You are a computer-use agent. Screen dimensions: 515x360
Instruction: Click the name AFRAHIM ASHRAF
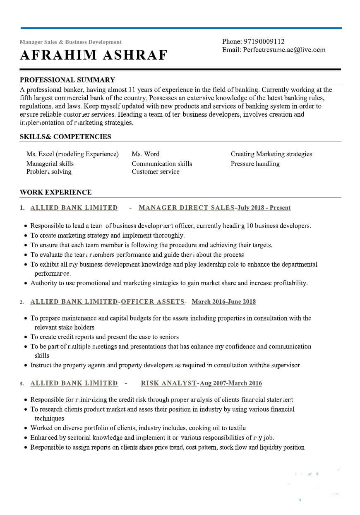[94, 55]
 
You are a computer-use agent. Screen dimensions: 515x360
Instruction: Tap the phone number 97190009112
[264, 41]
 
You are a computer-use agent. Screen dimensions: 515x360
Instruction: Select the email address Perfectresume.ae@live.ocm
[284, 50]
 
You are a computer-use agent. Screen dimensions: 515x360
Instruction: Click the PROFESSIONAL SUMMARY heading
[67, 80]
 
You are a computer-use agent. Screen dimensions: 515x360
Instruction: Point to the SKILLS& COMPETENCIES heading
[65, 137]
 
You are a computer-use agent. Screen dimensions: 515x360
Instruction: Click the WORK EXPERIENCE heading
[56, 192]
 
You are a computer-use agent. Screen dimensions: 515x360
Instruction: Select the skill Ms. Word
[146, 154]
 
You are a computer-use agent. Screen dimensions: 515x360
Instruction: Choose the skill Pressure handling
[255, 164]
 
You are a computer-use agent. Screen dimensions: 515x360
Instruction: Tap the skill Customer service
[156, 172]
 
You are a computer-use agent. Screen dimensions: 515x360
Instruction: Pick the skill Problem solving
[49, 172]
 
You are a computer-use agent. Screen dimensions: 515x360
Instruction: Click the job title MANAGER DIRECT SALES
[187, 208]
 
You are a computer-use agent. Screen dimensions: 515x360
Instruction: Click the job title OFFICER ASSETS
[152, 302]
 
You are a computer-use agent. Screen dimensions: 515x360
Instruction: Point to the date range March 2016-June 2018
[224, 302]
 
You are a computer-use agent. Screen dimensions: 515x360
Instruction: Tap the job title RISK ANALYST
[169, 383]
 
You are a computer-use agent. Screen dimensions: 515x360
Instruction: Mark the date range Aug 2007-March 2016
[231, 383]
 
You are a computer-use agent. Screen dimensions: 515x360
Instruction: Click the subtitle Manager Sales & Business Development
[71, 42]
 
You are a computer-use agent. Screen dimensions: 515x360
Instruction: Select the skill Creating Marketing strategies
[271, 154]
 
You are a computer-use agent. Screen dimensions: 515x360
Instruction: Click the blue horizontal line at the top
[181, 28]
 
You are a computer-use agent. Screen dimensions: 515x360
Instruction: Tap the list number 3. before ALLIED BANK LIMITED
[22, 384]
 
